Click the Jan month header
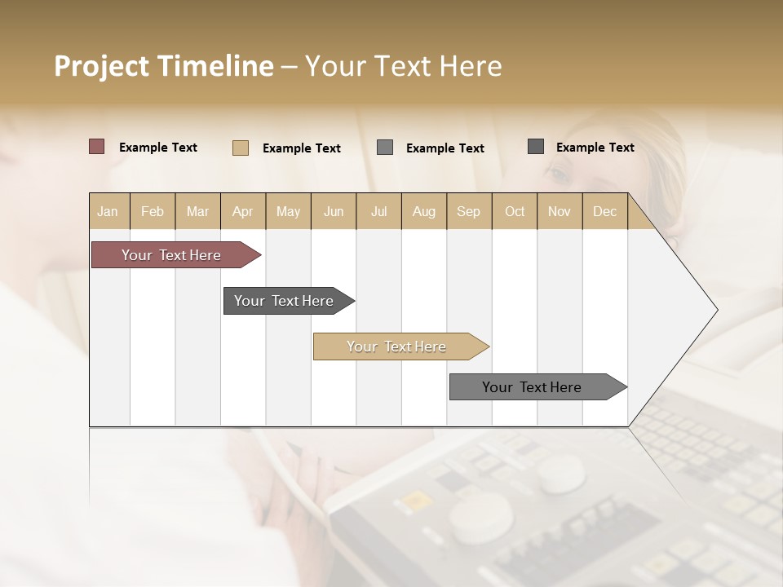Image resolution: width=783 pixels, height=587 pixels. tap(108, 211)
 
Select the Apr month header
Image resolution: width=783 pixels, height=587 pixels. tap(243, 211)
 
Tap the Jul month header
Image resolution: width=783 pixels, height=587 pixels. tap(378, 211)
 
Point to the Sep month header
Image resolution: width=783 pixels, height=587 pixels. tap(468, 211)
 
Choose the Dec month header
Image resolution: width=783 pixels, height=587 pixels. tap(604, 211)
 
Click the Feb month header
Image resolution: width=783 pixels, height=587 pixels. tap(153, 211)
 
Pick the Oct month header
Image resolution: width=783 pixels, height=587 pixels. tap(515, 211)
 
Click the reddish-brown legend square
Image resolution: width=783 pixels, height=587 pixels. tap(97, 147)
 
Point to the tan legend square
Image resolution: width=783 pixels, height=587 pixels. tap(241, 148)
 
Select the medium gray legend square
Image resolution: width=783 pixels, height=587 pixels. tap(385, 148)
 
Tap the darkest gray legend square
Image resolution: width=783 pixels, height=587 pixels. tap(536, 147)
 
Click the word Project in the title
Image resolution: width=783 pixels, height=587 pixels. tap(101, 66)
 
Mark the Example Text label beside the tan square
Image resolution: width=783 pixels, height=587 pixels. tap(301, 148)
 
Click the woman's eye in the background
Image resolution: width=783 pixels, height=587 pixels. tap(558, 174)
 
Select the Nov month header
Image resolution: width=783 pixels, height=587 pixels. tap(560, 211)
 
